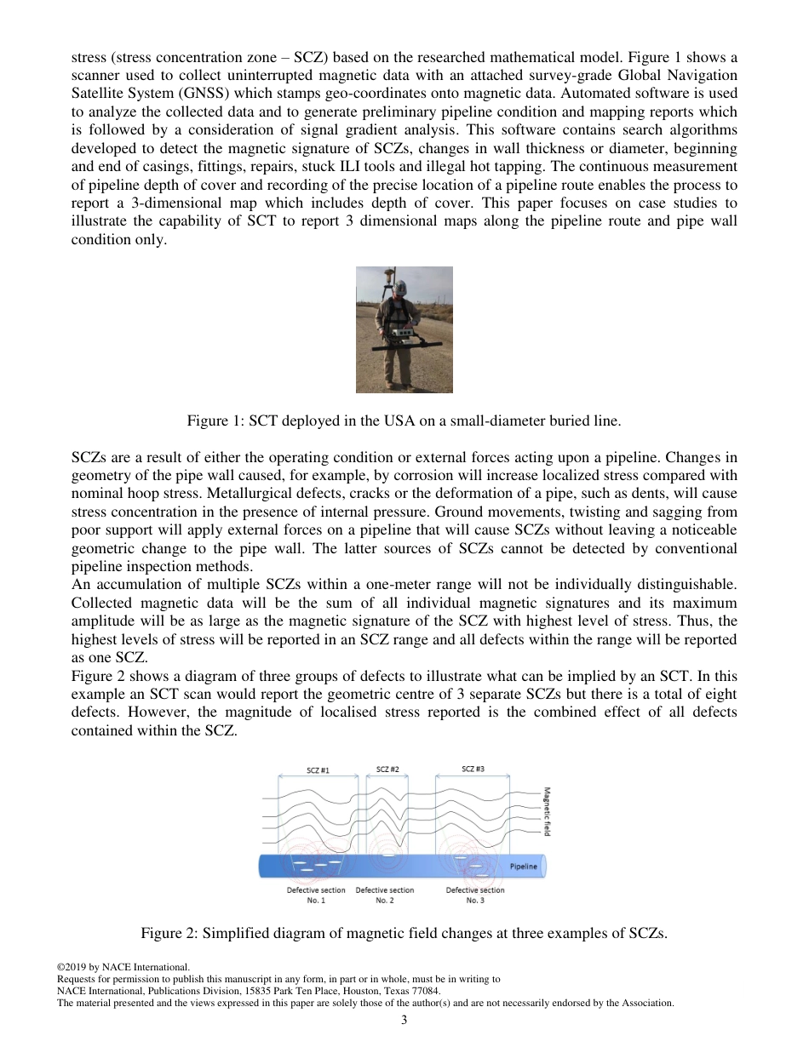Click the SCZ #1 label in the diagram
click(318, 770)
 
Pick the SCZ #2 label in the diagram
click(387, 770)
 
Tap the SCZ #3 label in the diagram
click(473, 770)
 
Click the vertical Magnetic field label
click(547, 811)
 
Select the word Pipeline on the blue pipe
click(524, 867)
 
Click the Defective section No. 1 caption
click(316, 895)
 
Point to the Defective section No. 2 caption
click(385, 895)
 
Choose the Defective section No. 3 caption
click(475, 895)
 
